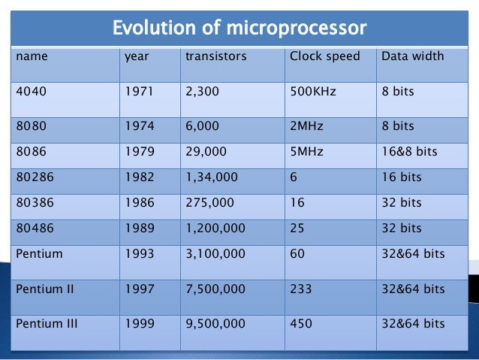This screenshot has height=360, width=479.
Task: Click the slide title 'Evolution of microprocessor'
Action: [239, 29]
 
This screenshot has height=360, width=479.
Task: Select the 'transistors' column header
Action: [215, 56]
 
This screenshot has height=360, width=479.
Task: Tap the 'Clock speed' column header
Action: [324, 56]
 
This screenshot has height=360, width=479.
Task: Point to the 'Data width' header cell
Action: [413, 56]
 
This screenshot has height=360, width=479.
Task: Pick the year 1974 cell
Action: [139, 126]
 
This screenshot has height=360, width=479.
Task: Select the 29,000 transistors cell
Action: [206, 152]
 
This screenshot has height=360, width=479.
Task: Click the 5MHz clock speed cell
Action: [306, 152]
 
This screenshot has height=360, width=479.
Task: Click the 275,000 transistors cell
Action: [209, 203]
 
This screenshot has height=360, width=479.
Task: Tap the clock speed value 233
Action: [300, 289]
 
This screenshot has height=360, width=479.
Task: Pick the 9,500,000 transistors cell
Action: [215, 324]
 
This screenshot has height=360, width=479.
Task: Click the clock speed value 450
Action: [300, 324]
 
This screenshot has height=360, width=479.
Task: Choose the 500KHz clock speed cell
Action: [313, 92]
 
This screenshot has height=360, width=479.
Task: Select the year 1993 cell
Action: [139, 255]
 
